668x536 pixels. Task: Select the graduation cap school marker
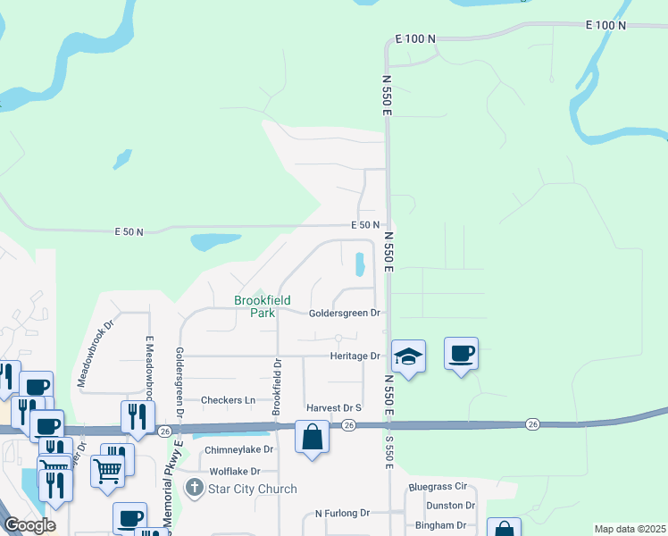[x=407, y=356]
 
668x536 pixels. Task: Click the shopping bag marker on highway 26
[x=312, y=438]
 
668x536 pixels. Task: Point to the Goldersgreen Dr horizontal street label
[x=345, y=314]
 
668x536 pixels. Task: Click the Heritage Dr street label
[x=355, y=356]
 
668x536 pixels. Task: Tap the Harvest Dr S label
[x=333, y=408]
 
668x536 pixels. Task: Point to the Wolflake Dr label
[x=234, y=471]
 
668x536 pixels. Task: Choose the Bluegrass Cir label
[x=438, y=488]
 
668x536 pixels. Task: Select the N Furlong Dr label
[x=342, y=514]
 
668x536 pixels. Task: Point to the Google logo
[x=30, y=525]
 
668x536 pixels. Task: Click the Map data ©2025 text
[x=630, y=529]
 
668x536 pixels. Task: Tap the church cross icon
[x=193, y=489]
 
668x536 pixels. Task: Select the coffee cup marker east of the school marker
[x=461, y=354]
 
